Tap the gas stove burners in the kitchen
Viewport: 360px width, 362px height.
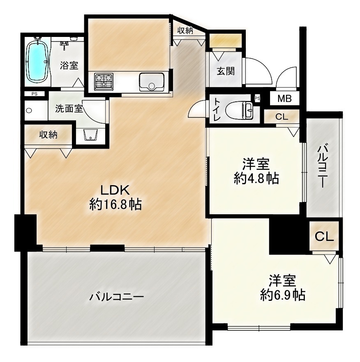coord(104,82)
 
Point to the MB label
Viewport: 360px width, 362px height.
coord(284,99)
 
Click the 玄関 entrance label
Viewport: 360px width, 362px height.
coord(226,71)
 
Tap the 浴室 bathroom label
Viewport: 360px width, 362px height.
coord(69,65)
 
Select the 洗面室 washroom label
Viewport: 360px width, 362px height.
coord(69,108)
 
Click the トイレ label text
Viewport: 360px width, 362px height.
coord(217,110)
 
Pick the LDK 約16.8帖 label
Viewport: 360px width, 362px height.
coord(115,197)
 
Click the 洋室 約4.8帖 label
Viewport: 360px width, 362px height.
coord(256,171)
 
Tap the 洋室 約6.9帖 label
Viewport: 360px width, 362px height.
coord(283,288)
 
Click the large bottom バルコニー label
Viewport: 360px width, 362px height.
coord(117,296)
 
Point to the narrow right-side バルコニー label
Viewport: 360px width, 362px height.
coord(322,165)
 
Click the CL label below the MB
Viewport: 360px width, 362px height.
coord(282,117)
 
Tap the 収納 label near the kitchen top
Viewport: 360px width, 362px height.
coord(185,31)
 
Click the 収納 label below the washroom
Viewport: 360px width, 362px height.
coord(48,135)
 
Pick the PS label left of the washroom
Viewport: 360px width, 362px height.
coord(35,94)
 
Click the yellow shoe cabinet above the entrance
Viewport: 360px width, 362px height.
coord(226,40)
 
